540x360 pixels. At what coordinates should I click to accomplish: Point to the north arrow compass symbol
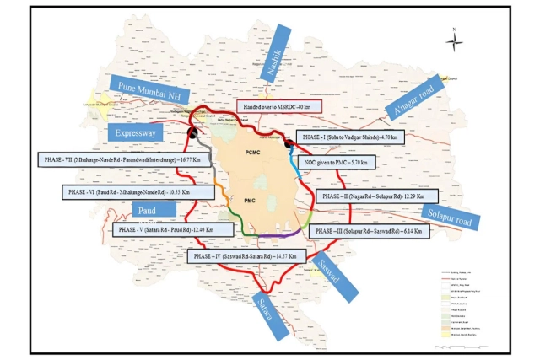click(x=453, y=39)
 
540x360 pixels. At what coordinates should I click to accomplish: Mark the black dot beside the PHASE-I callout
click(x=289, y=143)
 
